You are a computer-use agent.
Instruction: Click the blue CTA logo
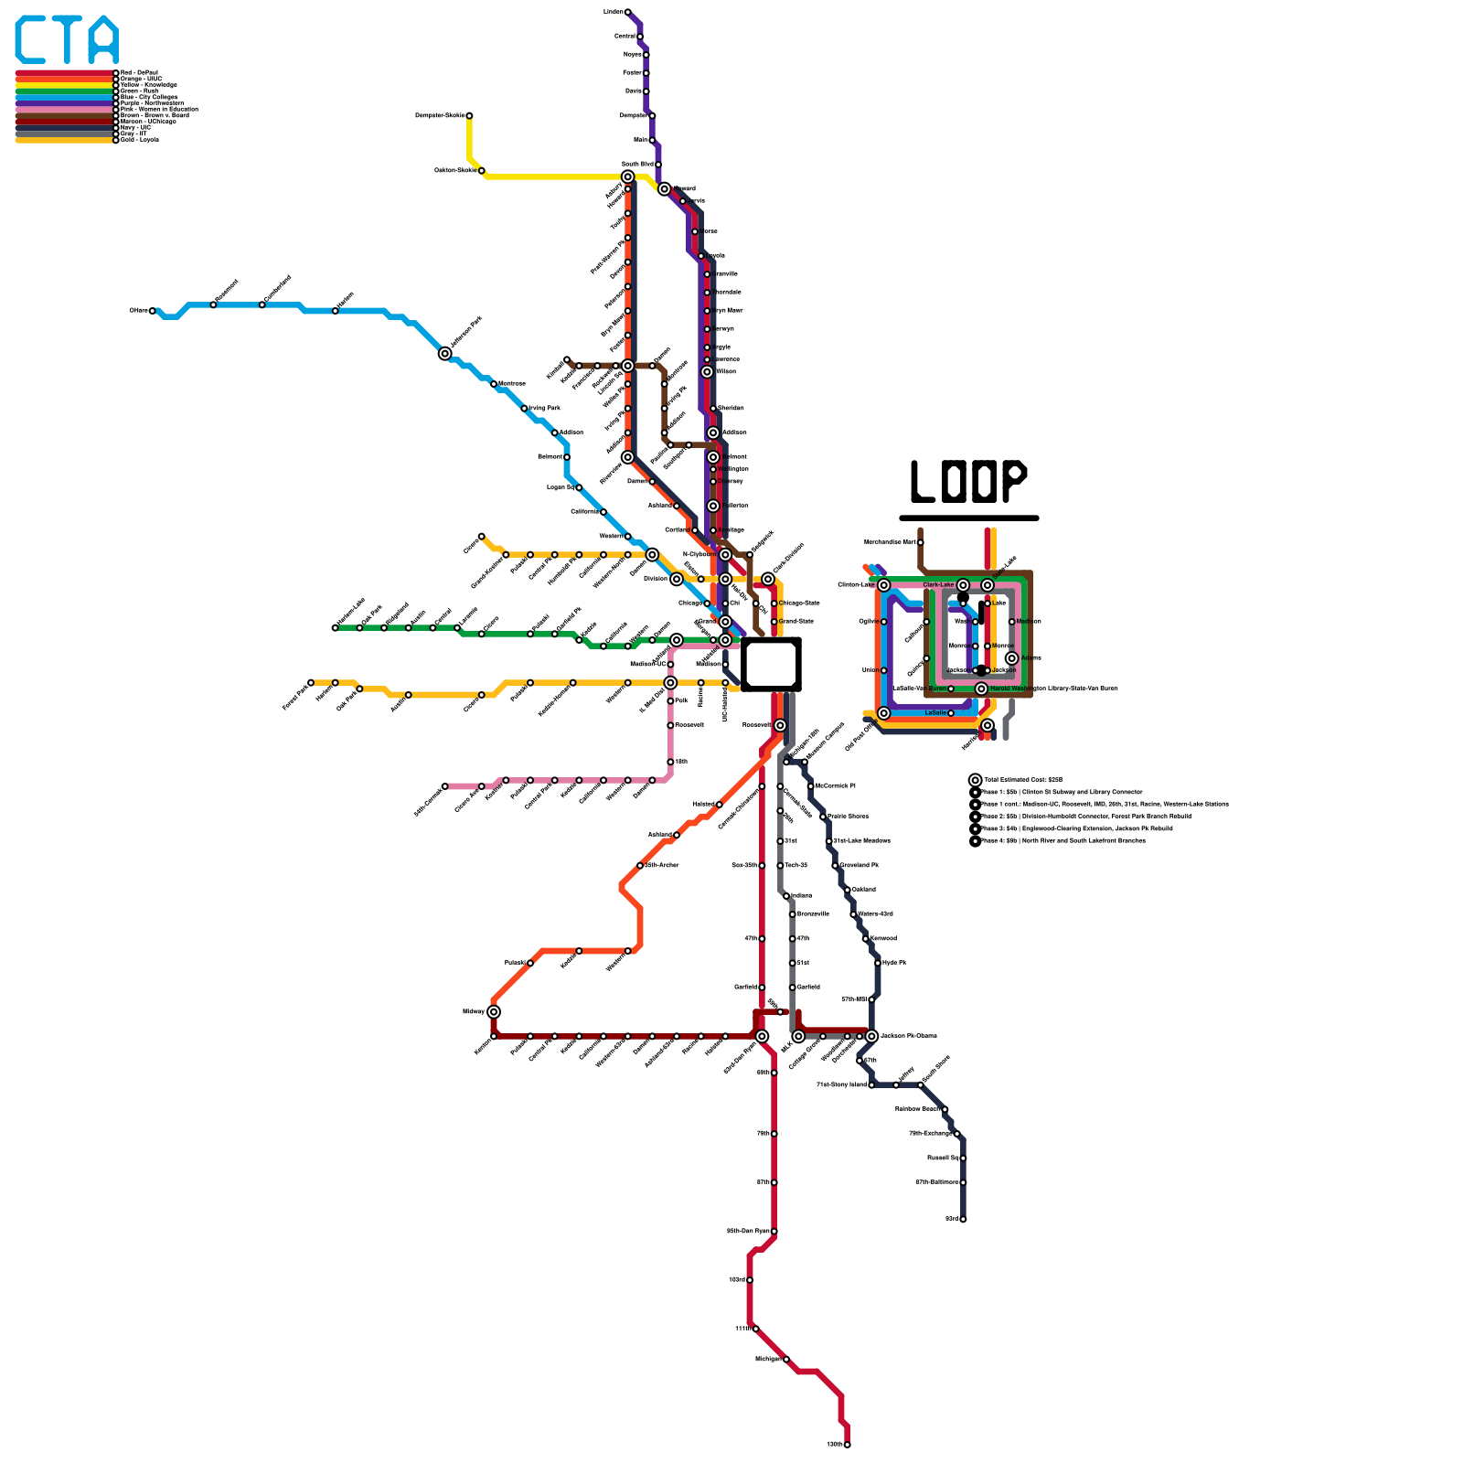[67, 40]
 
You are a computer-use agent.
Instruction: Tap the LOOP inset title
[968, 481]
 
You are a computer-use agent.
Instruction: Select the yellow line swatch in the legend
[64, 85]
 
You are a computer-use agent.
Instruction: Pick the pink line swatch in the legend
[64, 110]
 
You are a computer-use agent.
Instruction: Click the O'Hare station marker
[153, 311]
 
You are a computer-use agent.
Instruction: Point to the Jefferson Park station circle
[445, 354]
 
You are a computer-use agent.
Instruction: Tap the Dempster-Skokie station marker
[469, 115]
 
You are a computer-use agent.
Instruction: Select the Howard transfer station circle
[665, 189]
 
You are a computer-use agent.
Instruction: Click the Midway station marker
[494, 1011]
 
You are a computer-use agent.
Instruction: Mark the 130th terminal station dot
[848, 1445]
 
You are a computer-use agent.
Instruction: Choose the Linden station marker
[627, 12]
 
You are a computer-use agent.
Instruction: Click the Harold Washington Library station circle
[981, 689]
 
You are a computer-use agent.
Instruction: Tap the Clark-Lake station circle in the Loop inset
[963, 585]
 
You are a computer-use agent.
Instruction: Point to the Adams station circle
[1011, 658]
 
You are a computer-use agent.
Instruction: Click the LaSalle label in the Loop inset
[934, 712]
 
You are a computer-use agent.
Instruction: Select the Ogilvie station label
[868, 622]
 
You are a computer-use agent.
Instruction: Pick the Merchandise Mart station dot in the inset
[920, 542]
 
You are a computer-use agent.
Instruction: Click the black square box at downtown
[771, 664]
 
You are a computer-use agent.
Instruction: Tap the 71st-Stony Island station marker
[871, 1084]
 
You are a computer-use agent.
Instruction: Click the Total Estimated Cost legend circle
[976, 780]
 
